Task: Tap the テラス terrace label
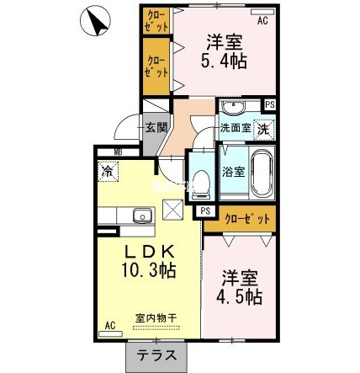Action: [x=156, y=356]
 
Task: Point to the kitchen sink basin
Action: [x=140, y=216]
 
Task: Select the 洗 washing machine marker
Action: [x=263, y=130]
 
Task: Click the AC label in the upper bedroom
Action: [x=262, y=21]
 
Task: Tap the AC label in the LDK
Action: [x=110, y=324]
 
